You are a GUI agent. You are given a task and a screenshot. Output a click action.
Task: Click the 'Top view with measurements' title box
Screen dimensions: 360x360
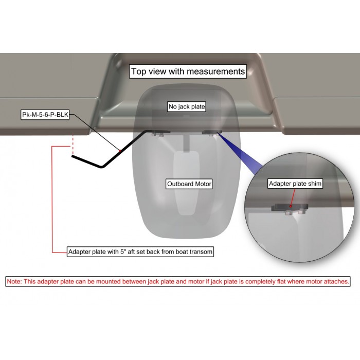[x=188, y=71]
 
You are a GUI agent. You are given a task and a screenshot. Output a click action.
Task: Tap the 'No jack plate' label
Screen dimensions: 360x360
[x=187, y=107]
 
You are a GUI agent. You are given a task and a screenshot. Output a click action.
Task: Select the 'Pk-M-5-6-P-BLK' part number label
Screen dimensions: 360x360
[x=45, y=115]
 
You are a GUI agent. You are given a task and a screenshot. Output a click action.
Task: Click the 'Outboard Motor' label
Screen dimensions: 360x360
[x=189, y=184]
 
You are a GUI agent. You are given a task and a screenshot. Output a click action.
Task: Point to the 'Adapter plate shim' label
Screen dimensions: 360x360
[x=295, y=184]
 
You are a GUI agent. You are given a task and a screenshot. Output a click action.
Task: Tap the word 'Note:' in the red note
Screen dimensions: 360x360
[x=14, y=281]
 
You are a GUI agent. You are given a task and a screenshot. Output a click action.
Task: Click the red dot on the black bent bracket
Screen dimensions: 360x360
[x=120, y=151]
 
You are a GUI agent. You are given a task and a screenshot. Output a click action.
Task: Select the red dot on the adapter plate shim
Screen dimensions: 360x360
[x=291, y=206]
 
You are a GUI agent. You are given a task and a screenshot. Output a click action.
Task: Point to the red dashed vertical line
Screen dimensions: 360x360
[x=73, y=145]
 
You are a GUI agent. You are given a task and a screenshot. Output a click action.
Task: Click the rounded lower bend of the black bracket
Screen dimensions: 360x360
[x=101, y=166]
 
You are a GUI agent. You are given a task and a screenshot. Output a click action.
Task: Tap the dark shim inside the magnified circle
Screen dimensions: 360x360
[x=289, y=208]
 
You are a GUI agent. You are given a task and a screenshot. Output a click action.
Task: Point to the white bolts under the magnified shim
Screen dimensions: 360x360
[x=295, y=212]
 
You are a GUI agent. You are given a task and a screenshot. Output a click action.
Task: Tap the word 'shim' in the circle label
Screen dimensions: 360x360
[x=314, y=184]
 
